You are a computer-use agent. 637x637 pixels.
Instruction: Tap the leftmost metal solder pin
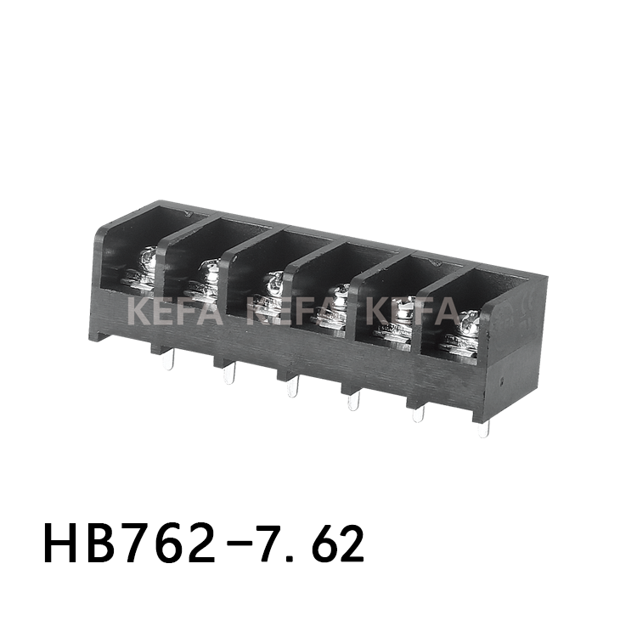click(169, 362)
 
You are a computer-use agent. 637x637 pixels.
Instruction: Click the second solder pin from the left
click(228, 374)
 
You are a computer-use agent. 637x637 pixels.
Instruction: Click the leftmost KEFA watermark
click(175, 311)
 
